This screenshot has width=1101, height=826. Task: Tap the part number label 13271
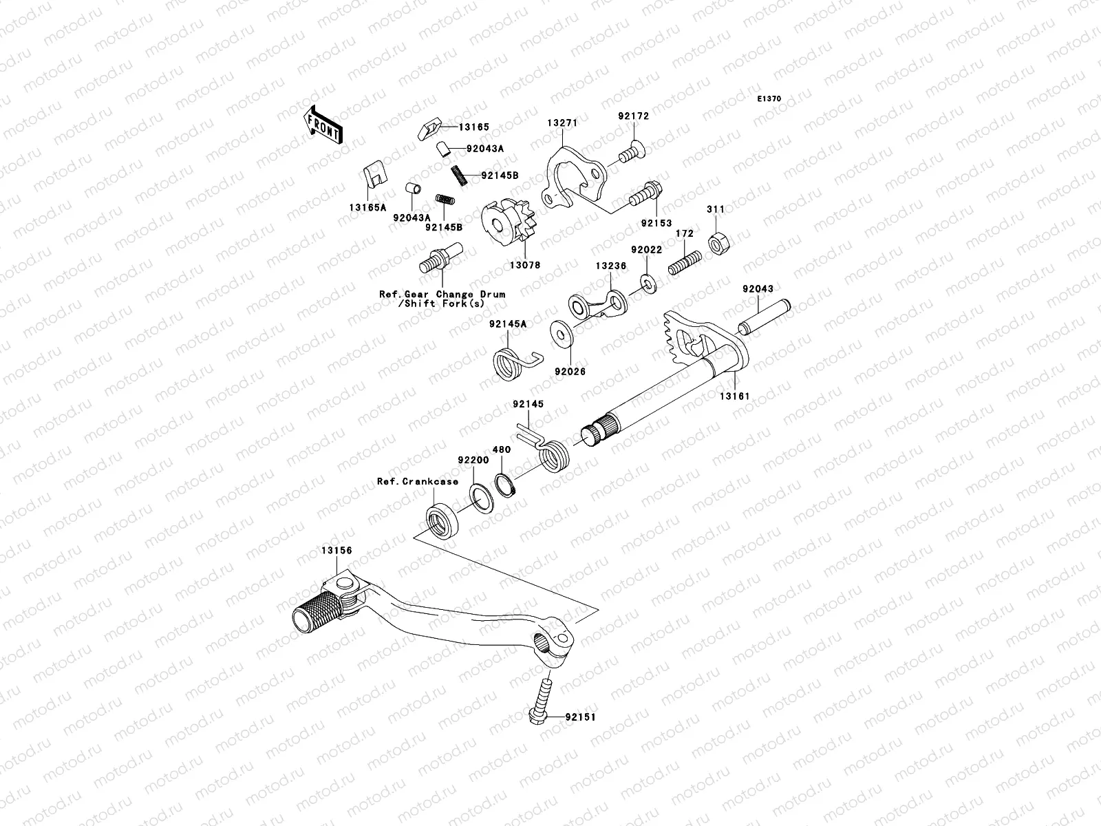coord(562,123)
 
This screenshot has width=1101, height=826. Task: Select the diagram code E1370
coord(769,99)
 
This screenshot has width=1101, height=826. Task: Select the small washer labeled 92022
coord(647,282)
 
